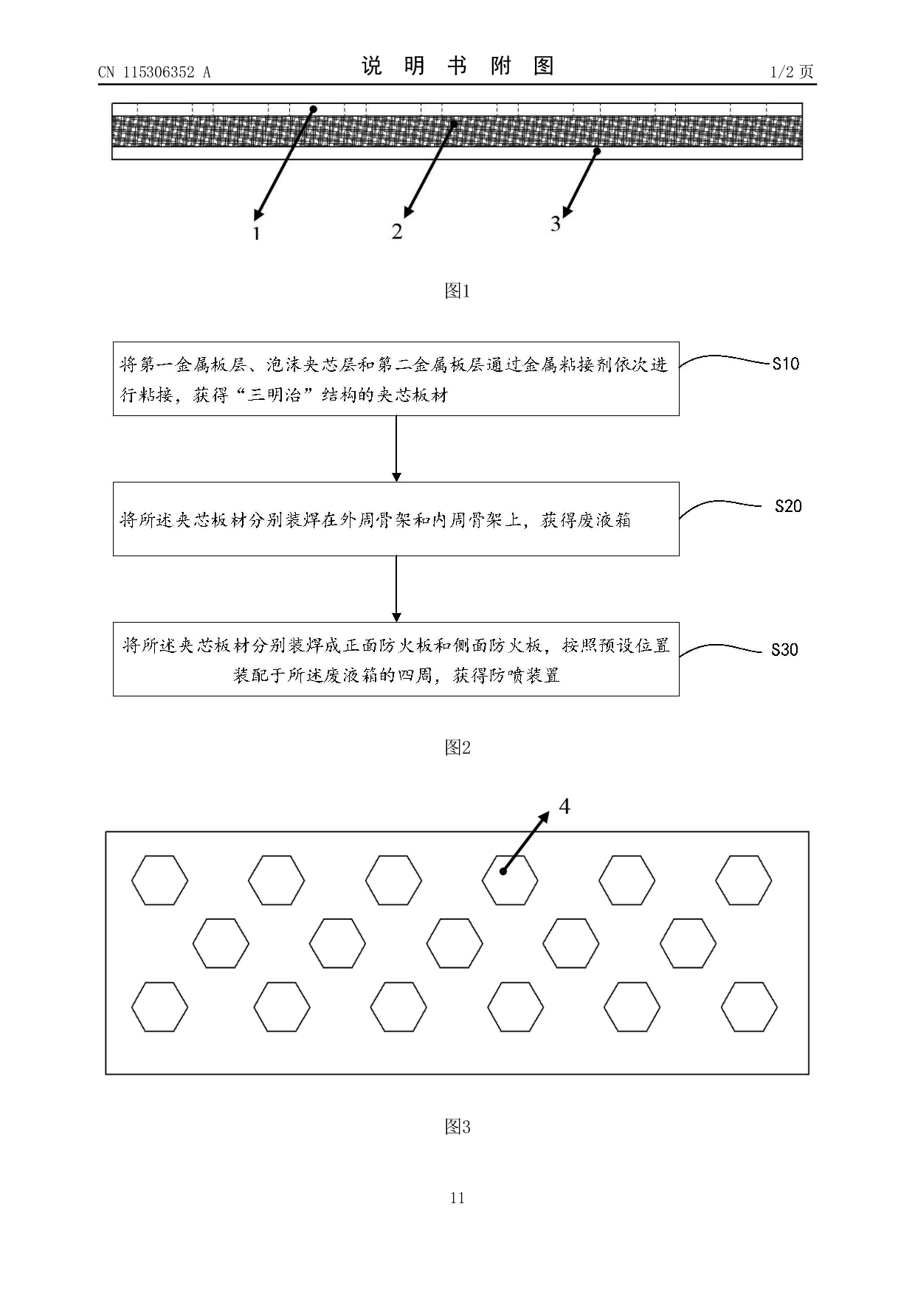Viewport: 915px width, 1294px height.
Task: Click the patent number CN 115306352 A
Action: point(154,72)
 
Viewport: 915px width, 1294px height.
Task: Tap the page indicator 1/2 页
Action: point(791,72)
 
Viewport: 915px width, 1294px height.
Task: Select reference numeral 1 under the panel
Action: point(256,233)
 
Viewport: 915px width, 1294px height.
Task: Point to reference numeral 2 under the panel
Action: point(397,232)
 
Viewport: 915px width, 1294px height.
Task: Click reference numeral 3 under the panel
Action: point(556,224)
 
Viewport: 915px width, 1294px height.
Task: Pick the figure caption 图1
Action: point(457,291)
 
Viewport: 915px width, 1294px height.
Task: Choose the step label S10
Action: point(786,364)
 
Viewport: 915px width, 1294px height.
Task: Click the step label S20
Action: point(788,506)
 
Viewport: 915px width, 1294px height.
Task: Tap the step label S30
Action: point(784,649)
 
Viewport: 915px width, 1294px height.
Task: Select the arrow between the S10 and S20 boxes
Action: point(396,449)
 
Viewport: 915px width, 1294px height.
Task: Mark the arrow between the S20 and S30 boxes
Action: point(396,589)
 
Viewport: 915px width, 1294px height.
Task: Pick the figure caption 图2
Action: point(457,747)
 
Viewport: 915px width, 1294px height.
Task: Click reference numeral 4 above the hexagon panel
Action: point(564,806)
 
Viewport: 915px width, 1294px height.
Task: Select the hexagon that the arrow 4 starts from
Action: point(510,880)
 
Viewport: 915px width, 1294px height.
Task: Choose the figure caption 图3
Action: point(457,1127)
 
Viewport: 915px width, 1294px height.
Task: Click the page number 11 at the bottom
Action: point(457,1198)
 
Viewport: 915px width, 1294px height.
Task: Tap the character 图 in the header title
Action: point(544,66)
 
